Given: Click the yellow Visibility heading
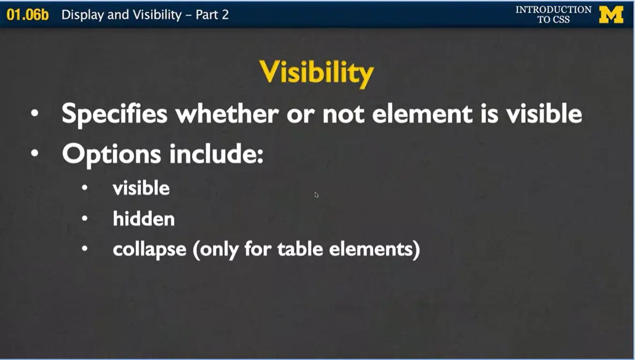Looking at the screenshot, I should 316,72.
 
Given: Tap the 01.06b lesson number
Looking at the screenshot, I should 27,14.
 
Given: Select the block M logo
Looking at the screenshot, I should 611,14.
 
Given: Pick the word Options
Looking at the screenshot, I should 111,154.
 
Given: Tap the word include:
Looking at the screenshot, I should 216,154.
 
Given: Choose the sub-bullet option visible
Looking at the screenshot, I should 141,188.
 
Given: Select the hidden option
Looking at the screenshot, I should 143,219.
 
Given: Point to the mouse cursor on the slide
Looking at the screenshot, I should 316,195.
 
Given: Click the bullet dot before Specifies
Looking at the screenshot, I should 35,114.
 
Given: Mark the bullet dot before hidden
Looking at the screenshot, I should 85,219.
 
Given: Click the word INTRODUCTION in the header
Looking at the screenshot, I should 553,10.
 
